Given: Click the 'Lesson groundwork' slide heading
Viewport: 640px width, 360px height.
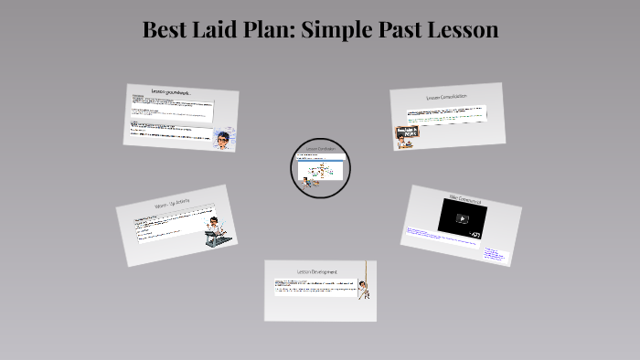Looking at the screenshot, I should coord(171,92).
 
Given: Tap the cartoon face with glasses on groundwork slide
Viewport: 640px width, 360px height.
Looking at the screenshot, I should coord(223,139).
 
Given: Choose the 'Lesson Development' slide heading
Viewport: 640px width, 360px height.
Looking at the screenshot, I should coord(317,271).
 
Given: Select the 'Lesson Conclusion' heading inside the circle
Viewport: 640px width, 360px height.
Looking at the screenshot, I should coord(320,149).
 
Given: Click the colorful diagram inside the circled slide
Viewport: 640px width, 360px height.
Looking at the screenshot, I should coord(319,172).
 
